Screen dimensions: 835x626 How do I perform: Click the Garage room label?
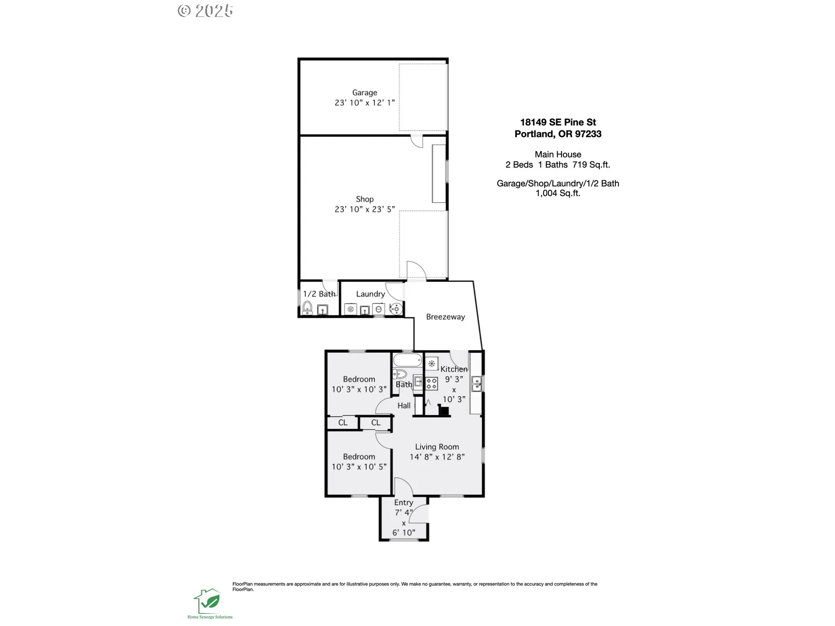point(364,93)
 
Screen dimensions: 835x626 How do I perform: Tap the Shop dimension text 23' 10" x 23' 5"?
point(364,209)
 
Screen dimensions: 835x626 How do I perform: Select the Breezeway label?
point(445,317)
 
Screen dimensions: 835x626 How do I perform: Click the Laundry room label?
point(371,294)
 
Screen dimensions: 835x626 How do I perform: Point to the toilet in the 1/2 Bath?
point(307,307)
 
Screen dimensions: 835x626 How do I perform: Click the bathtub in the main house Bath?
point(407,360)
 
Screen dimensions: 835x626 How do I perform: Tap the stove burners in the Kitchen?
point(431,383)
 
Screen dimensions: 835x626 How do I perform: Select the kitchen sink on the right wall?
point(477,383)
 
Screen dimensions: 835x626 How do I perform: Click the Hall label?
point(404,406)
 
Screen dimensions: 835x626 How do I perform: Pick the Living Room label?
point(437,447)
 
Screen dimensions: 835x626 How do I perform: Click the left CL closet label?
point(343,423)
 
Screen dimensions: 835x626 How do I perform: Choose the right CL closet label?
point(376,423)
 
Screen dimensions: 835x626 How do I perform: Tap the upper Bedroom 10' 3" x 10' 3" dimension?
point(359,390)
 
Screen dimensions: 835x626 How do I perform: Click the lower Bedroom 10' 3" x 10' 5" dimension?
point(359,467)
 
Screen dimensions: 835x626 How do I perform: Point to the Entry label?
point(404,503)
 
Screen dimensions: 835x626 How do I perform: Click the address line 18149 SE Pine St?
point(558,123)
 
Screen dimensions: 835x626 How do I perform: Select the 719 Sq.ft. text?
point(591,165)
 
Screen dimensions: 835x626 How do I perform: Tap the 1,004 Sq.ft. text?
point(558,193)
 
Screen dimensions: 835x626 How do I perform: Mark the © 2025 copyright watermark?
point(205,11)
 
